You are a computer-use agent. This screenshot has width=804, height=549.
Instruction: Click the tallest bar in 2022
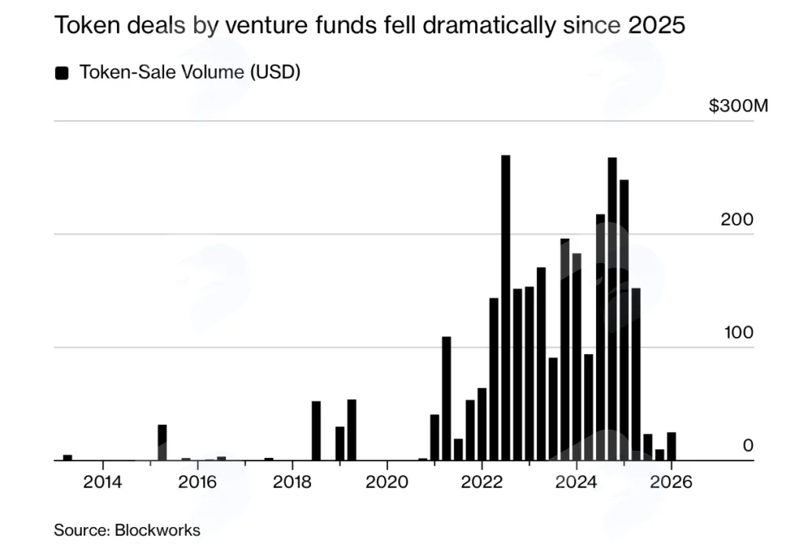click(x=506, y=308)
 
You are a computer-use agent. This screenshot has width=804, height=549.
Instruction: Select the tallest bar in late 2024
click(x=612, y=309)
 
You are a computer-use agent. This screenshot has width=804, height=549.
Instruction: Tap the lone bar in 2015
click(x=162, y=442)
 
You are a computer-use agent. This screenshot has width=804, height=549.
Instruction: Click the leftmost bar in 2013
click(x=68, y=458)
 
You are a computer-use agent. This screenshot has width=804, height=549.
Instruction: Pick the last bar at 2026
click(x=671, y=446)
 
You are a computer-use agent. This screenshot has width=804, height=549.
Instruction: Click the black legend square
click(x=61, y=73)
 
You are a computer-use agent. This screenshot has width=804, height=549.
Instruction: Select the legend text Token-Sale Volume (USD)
click(x=190, y=72)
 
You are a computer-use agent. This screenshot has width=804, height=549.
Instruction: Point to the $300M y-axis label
click(x=738, y=106)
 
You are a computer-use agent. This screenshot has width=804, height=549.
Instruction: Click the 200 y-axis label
click(x=736, y=220)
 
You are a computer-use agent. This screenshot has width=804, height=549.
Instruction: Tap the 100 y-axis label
click(x=739, y=332)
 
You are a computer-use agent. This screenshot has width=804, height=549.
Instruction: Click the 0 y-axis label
click(x=748, y=445)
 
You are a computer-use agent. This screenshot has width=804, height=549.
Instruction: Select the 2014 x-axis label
click(x=103, y=481)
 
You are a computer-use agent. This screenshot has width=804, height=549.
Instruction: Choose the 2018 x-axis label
click(x=292, y=481)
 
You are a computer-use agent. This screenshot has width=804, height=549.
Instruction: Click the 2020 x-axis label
click(x=386, y=481)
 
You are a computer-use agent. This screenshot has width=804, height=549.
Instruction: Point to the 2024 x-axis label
click(x=576, y=481)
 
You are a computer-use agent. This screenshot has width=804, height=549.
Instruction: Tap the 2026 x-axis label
click(x=671, y=481)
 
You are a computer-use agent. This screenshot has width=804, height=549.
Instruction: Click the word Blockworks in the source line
click(x=157, y=530)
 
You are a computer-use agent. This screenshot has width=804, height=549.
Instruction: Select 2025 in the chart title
click(x=656, y=24)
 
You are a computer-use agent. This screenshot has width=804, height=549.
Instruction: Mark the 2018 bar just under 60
click(x=316, y=431)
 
